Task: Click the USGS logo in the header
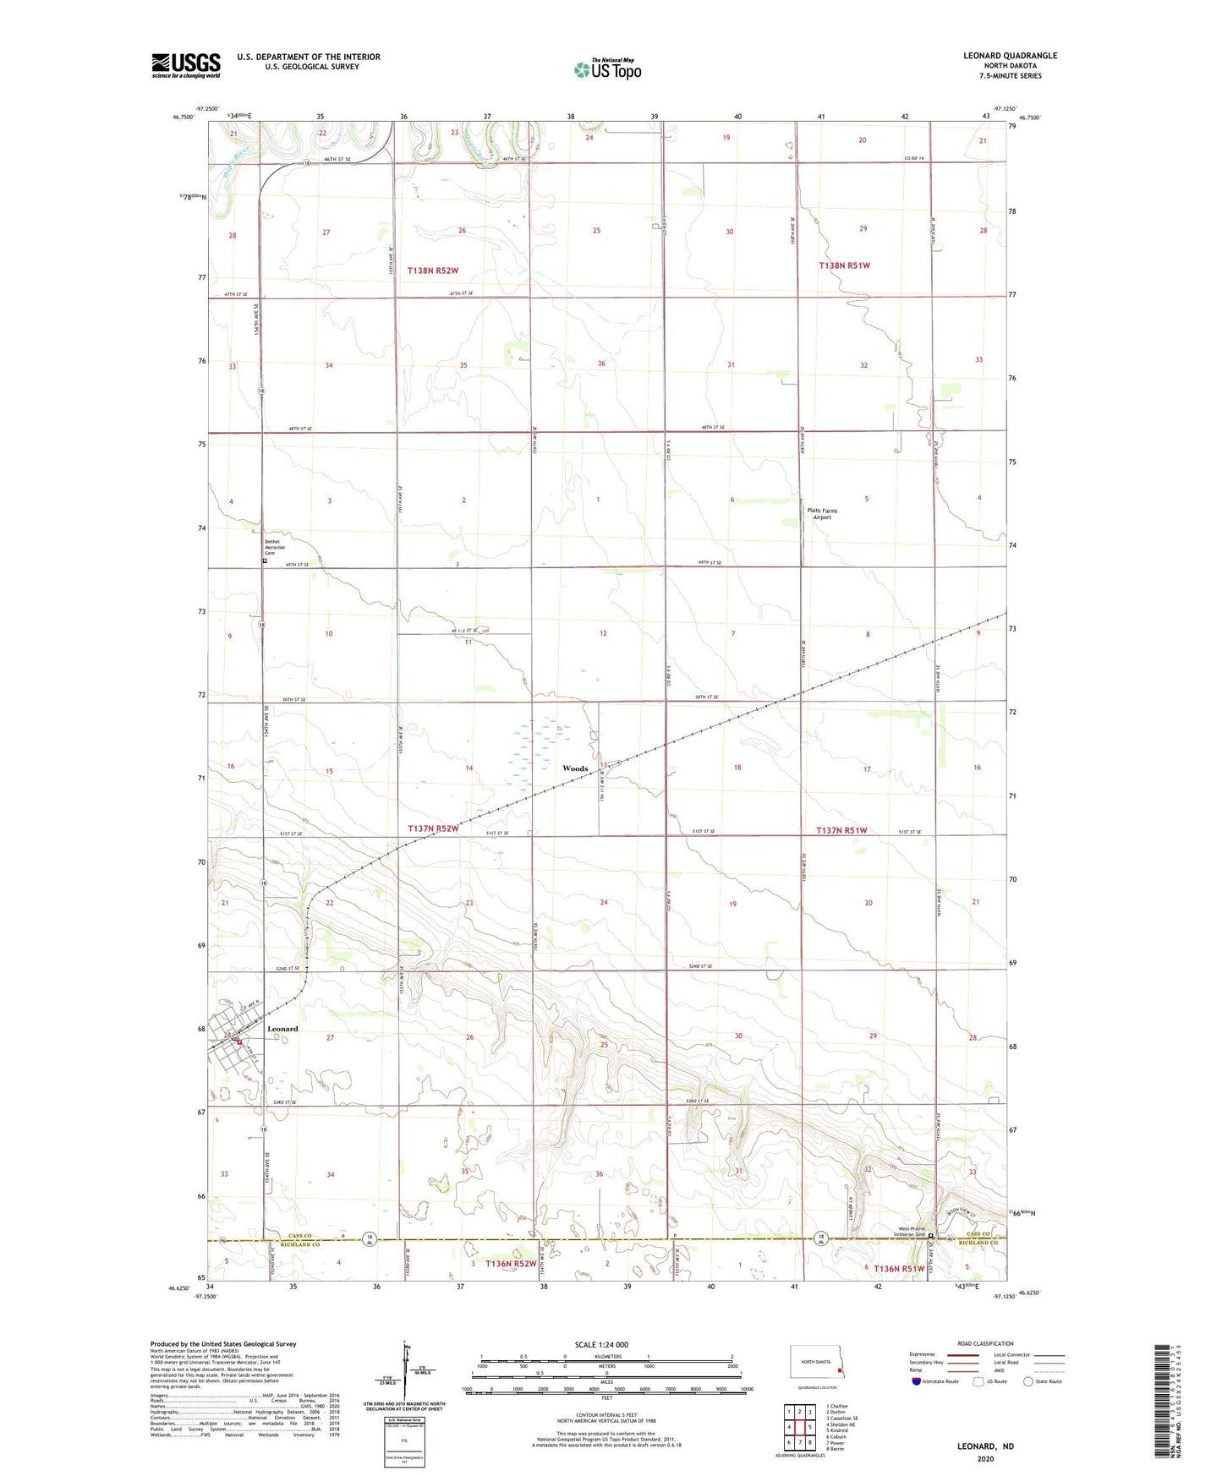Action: [x=185, y=65]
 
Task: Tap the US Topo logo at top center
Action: [x=607, y=69]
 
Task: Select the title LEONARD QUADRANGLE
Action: [x=1010, y=56]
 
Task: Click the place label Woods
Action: [x=575, y=768]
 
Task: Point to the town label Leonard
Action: [x=282, y=1029]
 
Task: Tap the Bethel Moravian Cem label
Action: [x=275, y=547]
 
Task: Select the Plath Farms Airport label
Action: [x=822, y=514]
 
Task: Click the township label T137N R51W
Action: [x=841, y=830]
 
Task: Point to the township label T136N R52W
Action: [x=511, y=1264]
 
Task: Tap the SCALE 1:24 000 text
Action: [x=601, y=1344]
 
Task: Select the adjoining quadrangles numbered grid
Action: [x=799, y=1427]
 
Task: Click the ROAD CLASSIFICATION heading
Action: [x=985, y=1343]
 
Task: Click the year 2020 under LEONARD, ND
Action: [x=985, y=1458]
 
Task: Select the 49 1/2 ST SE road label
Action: [x=464, y=630]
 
